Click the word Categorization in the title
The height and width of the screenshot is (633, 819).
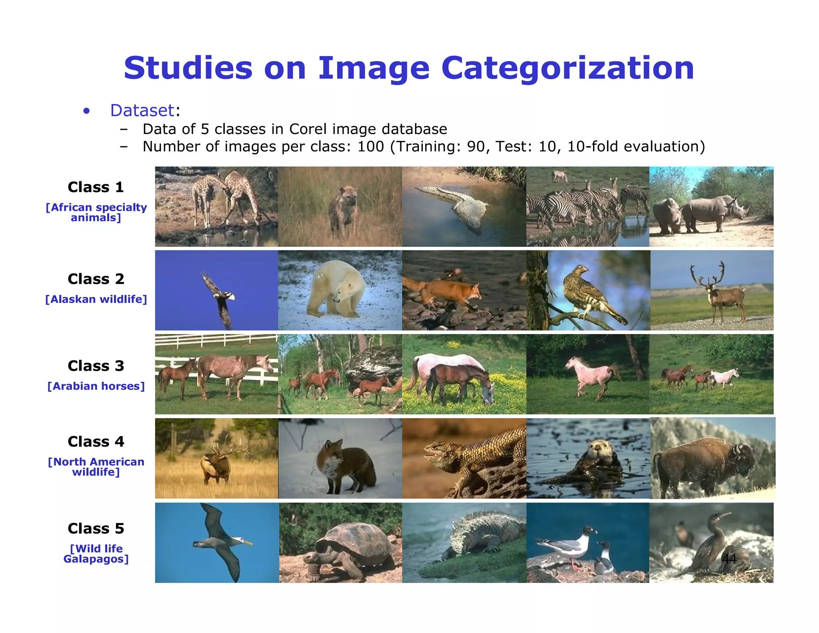(x=567, y=68)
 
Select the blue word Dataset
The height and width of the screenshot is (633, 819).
(x=142, y=110)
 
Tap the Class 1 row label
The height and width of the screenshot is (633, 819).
(x=96, y=187)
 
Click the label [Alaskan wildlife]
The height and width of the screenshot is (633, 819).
(x=96, y=299)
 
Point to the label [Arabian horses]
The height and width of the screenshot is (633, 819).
(x=96, y=386)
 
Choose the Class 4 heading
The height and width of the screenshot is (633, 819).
(x=96, y=441)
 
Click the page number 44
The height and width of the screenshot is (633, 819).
(x=729, y=559)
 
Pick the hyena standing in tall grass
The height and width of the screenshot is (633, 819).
(x=343, y=210)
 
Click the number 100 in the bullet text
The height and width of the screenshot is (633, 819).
(x=370, y=147)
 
